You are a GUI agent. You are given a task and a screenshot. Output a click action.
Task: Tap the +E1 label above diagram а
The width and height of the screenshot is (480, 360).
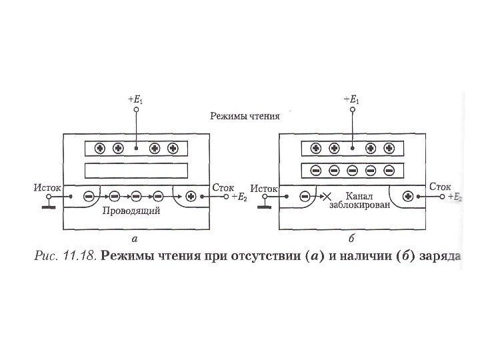point(135,101)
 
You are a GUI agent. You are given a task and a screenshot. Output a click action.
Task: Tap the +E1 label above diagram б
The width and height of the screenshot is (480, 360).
point(351,101)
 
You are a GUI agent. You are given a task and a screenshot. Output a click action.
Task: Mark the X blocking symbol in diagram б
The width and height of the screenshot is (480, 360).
point(327,197)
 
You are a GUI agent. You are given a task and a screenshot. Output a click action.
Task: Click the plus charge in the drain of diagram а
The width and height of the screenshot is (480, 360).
point(191,197)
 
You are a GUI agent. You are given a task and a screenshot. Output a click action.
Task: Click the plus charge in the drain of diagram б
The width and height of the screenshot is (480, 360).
point(408,197)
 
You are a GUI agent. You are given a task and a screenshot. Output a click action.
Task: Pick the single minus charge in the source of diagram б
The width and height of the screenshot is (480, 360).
point(305,197)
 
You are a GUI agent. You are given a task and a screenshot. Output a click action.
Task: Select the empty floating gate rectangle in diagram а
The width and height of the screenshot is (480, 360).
point(137,171)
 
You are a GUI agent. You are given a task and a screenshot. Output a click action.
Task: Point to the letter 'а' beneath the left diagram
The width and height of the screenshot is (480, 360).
point(135,237)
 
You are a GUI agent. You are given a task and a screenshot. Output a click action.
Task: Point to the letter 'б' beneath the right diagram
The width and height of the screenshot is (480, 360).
point(351,237)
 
